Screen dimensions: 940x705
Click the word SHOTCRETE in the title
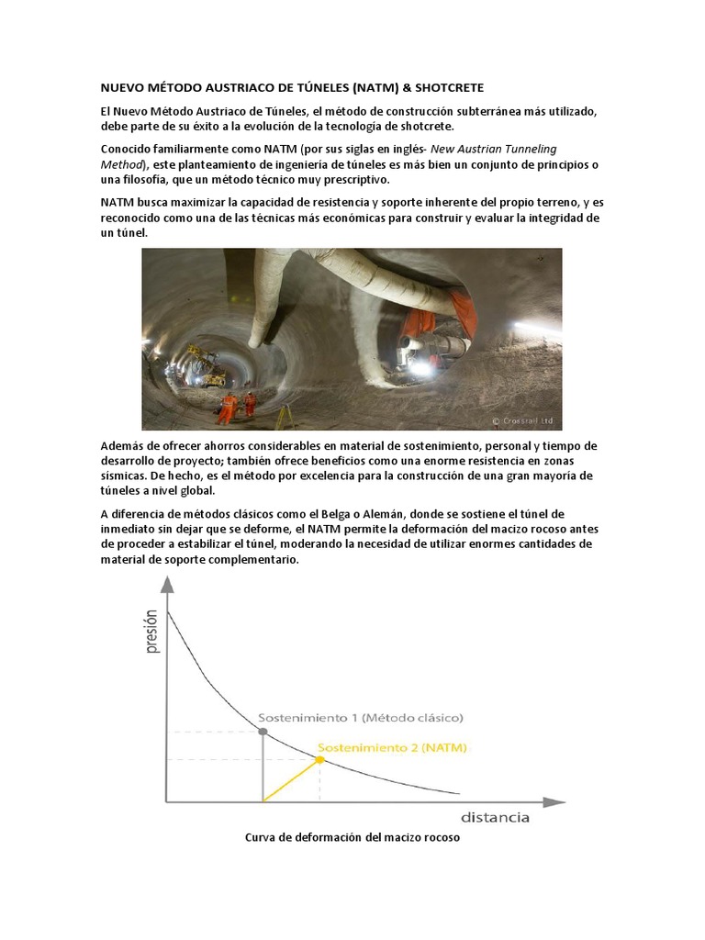click(449, 87)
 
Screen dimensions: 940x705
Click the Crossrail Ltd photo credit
click(524, 420)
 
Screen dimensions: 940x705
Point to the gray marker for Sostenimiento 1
click(263, 732)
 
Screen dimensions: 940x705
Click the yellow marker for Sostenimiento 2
click(319, 759)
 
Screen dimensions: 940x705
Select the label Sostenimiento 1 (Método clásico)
click(360, 717)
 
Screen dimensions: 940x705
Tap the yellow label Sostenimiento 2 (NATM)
click(392, 747)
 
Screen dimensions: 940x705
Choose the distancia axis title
click(495, 817)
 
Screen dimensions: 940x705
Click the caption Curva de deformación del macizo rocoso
click(352, 838)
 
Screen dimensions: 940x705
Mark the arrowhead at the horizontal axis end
click(554, 801)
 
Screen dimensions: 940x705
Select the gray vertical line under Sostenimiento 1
click(263, 767)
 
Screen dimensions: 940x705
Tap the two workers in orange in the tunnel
click(237, 403)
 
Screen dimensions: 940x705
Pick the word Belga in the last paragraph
click(336, 515)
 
